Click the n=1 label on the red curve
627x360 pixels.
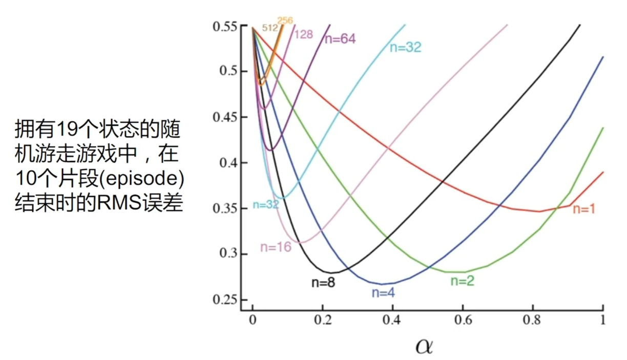[x=583, y=209]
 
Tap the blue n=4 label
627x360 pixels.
[x=387, y=293]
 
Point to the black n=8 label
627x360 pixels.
[x=323, y=282]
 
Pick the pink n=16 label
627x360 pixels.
[x=276, y=247]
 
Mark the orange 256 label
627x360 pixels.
[x=285, y=21]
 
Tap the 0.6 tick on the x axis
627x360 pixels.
[x=463, y=320]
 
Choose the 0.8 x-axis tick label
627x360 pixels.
[x=533, y=320]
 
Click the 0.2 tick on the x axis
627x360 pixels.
[x=323, y=320]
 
